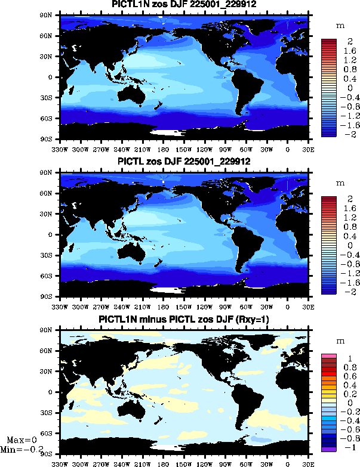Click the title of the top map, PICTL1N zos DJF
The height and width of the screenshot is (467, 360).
tap(183, 5)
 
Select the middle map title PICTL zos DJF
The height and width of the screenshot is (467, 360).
tap(183, 162)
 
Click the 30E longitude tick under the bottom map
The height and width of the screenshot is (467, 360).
tap(308, 462)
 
